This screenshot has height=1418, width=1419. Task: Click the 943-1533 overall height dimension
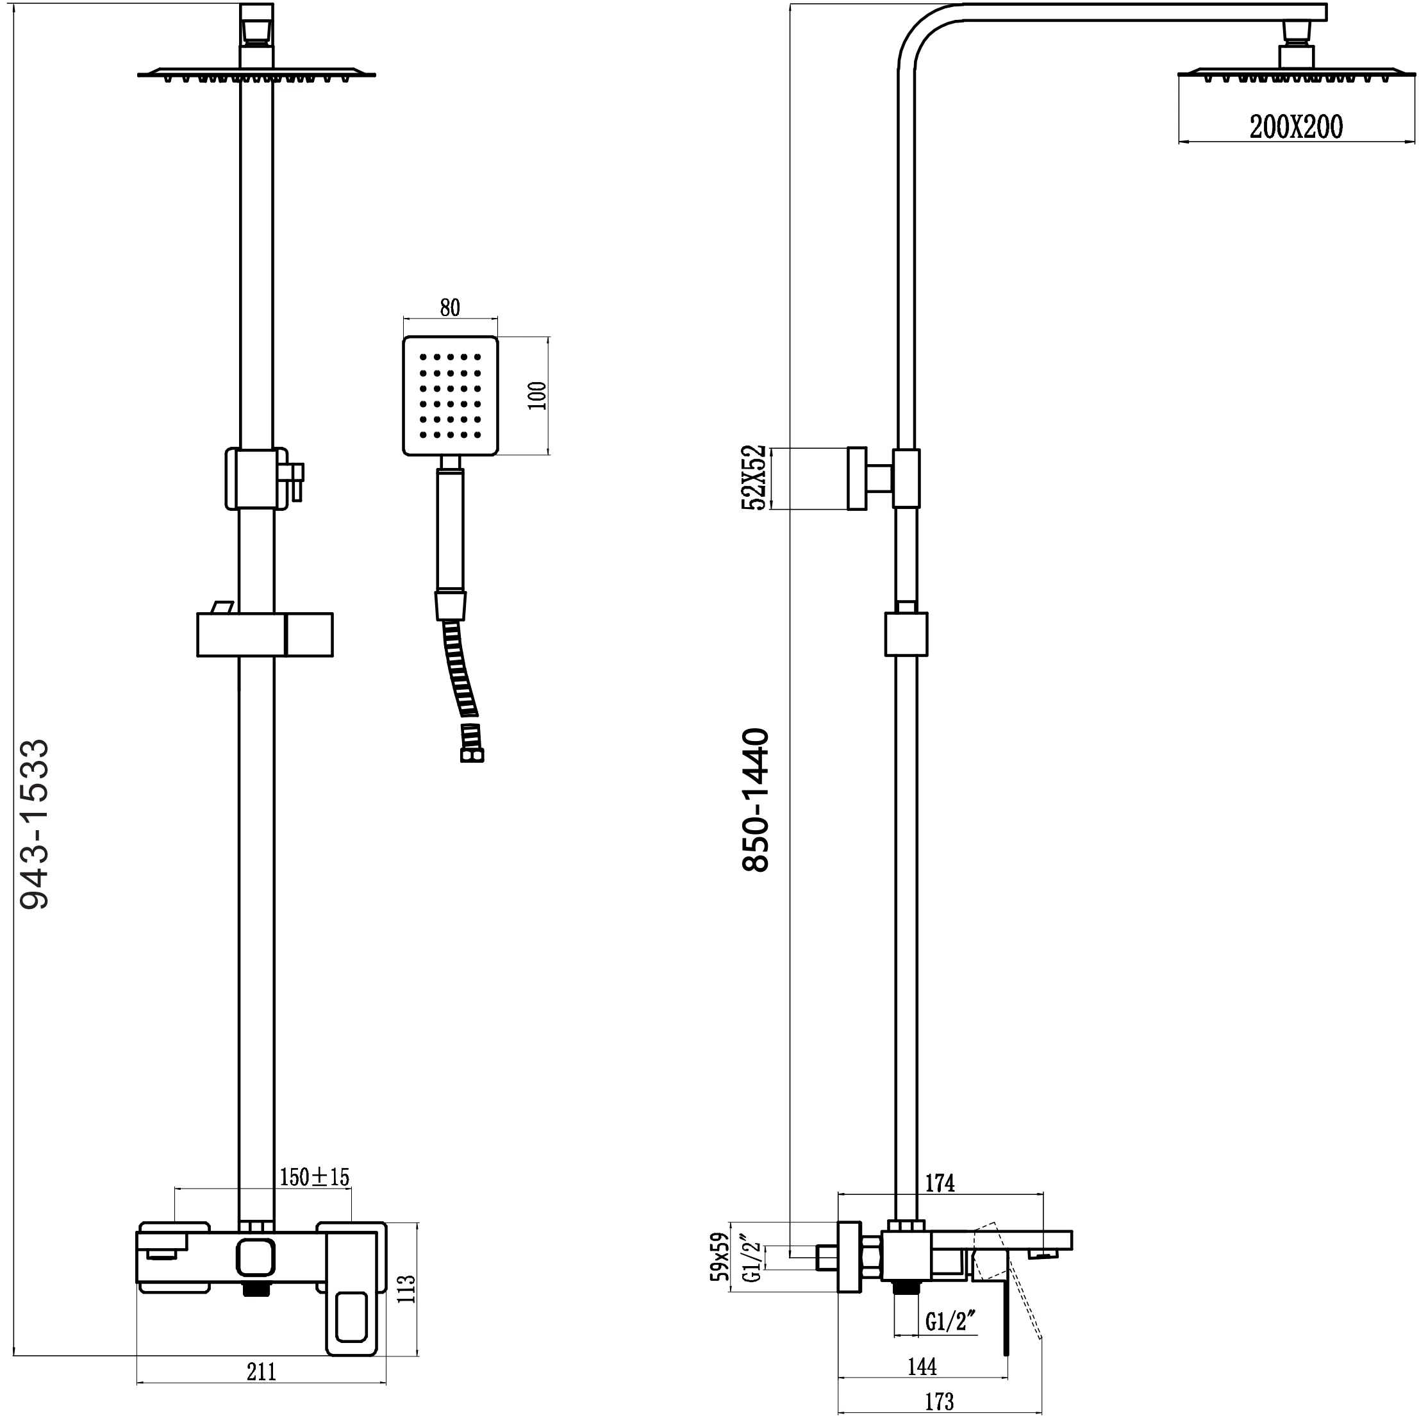35,824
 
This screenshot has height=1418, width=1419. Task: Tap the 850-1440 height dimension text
756,800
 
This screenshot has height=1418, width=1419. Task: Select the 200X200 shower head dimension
1297,127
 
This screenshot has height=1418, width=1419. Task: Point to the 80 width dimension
450,307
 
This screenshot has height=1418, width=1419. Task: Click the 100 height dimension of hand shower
538,396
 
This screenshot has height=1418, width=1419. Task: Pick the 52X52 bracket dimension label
755,477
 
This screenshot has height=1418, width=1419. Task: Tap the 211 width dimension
261,1372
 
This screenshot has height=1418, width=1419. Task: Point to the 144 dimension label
922,1367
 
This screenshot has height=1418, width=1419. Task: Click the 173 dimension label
940,1402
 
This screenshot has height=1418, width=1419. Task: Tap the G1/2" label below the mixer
950,1322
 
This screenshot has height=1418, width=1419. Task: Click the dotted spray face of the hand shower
450,396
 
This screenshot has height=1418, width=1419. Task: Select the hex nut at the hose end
472,755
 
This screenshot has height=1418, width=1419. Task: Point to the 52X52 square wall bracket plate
856,478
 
